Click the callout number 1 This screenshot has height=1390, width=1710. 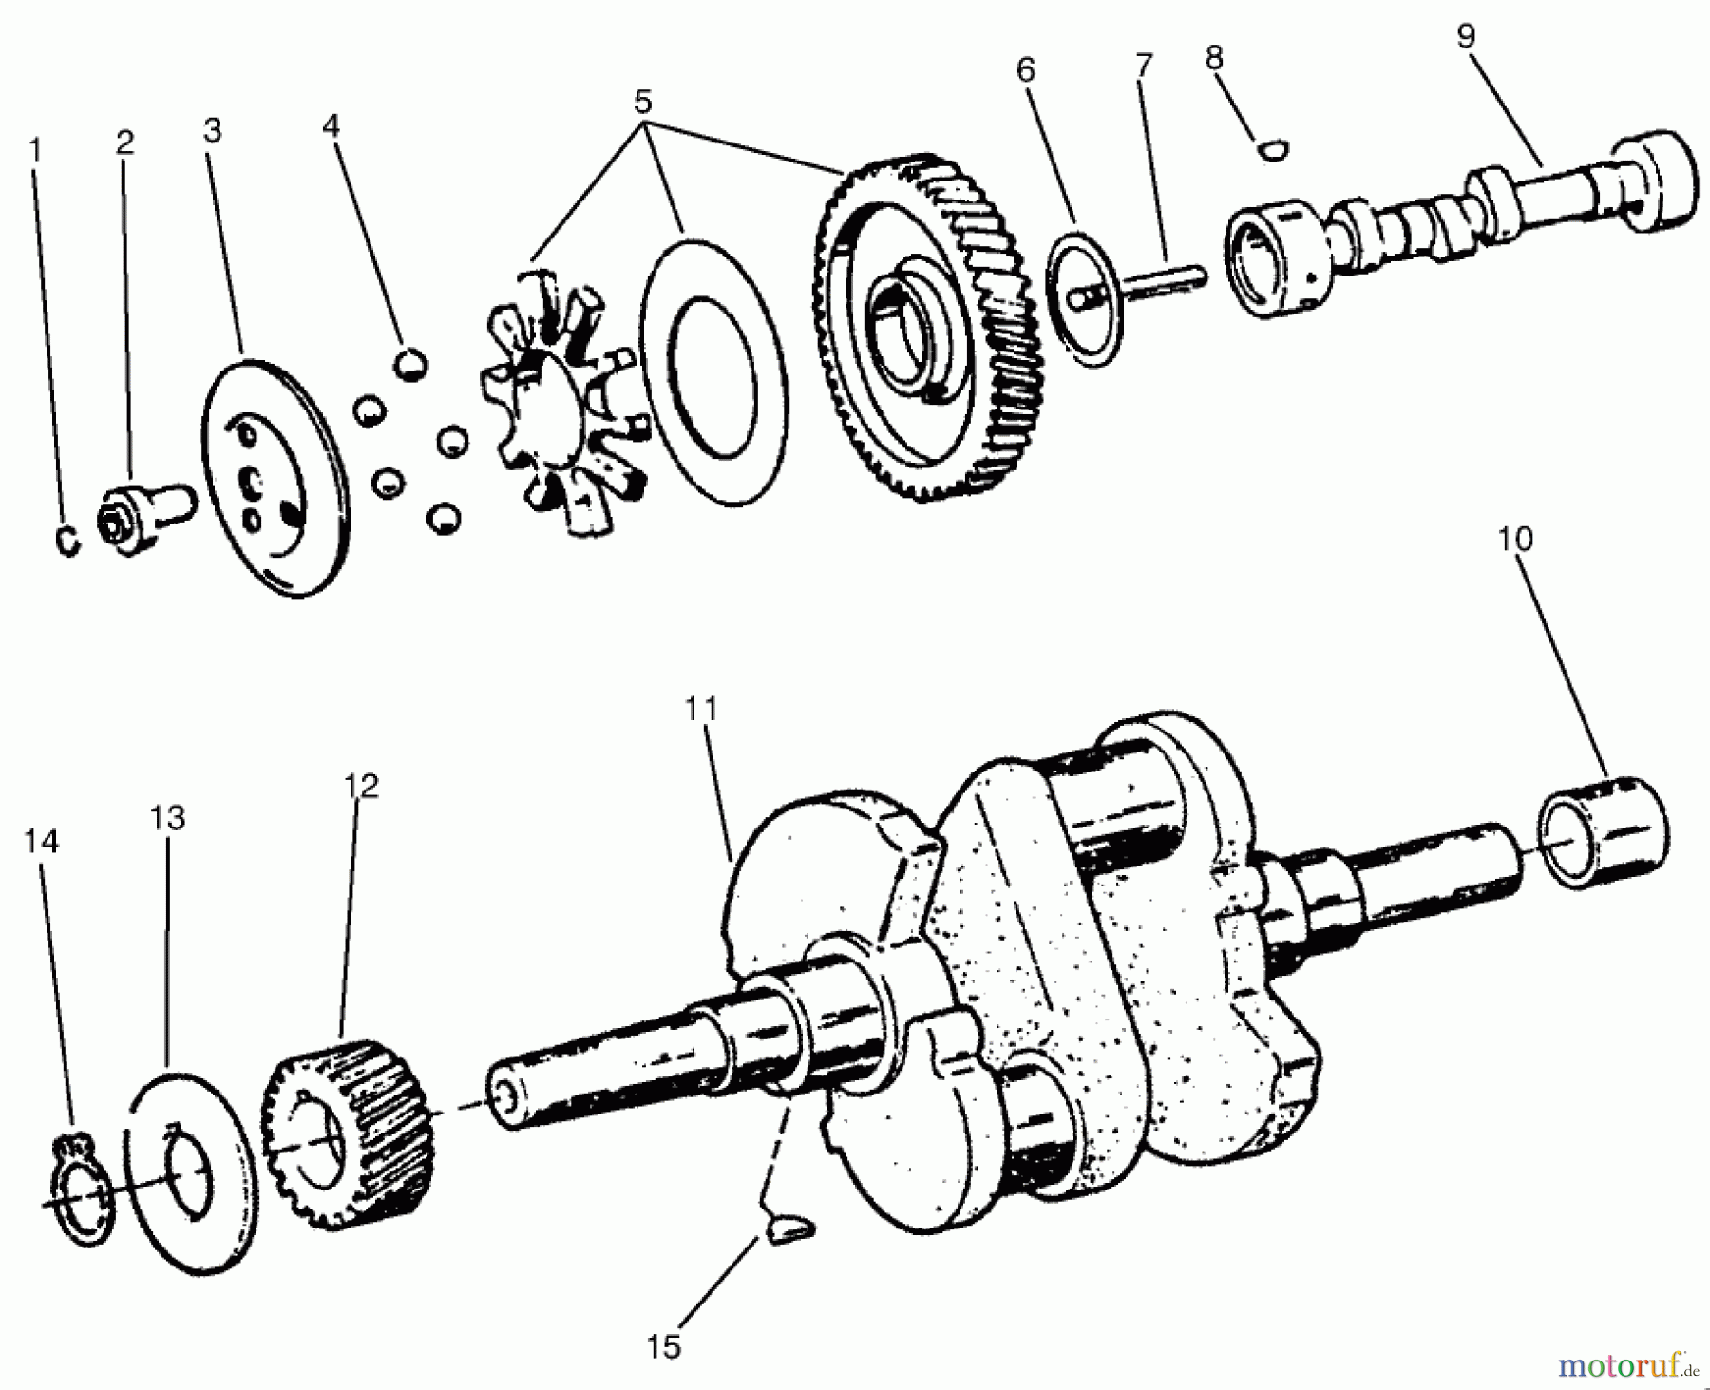tap(35, 150)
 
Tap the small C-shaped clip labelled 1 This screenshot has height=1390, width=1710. tap(67, 541)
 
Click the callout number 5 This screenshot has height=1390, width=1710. tap(643, 101)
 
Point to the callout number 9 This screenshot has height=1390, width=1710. tap(1465, 36)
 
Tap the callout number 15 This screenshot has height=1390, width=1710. tap(664, 1346)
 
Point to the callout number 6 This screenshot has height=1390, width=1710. tap(1025, 70)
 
